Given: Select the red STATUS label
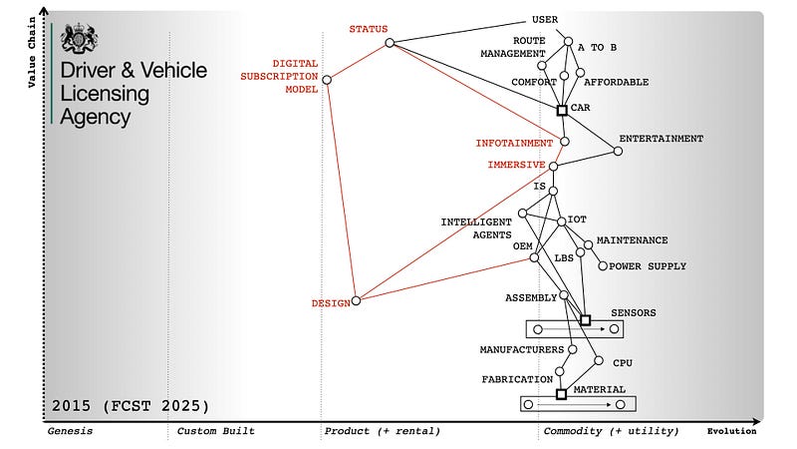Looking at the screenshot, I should click(x=368, y=28).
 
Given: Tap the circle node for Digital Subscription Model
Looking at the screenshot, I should click(x=327, y=80).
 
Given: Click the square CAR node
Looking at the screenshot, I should click(x=562, y=110).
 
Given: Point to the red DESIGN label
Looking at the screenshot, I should click(x=330, y=302).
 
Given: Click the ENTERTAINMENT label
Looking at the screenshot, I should click(x=661, y=139).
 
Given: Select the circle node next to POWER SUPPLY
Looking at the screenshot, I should click(x=602, y=265).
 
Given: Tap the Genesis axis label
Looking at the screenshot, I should click(x=70, y=431).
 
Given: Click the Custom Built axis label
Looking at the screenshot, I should click(x=215, y=431).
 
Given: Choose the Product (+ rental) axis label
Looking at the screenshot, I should click(x=382, y=431).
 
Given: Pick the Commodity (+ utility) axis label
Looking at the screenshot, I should click(x=611, y=431).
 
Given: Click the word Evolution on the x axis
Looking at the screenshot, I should click(x=731, y=431).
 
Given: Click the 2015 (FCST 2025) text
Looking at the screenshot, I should click(x=131, y=405).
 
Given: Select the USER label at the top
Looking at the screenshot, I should click(x=545, y=19).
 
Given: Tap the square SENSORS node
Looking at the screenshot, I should click(x=585, y=320).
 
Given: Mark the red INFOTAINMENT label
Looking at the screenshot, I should click(x=513, y=143).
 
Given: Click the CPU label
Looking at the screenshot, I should click(x=623, y=363).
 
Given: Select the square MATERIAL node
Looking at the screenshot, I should click(x=561, y=394).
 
